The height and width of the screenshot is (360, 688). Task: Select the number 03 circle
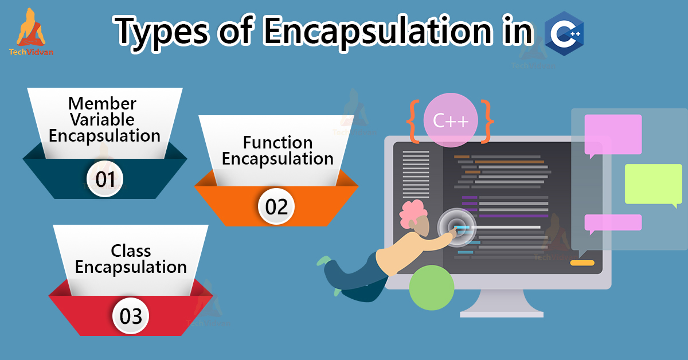[x=131, y=316]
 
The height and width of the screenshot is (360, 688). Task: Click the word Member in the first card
[x=102, y=104]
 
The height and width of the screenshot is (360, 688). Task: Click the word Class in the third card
[x=131, y=251]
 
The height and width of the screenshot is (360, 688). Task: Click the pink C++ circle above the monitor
[x=450, y=121]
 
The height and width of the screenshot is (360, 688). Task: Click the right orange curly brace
[x=488, y=121]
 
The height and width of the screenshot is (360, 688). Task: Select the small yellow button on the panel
[x=582, y=263]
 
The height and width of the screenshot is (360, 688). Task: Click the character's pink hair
[x=413, y=213]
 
